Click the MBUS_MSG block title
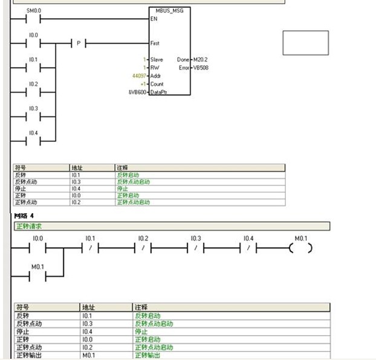[x=169, y=11]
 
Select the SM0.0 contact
[x=34, y=19]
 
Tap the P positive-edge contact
[x=79, y=43]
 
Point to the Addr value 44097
[x=138, y=76]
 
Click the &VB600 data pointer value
[x=136, y=91]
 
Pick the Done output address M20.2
[x=200, y=60]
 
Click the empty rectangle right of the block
[x=305, y=42]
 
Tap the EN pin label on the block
[x=154, y=19]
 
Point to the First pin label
[x=155, y=43]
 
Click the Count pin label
[x=157, y=84]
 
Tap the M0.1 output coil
[x=300, y=248]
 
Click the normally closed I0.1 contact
[x=90, y=248]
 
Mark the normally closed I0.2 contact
[x=143, y=248]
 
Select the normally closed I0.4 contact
[x=248, y=248]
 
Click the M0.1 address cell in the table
[x=88, y=355]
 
